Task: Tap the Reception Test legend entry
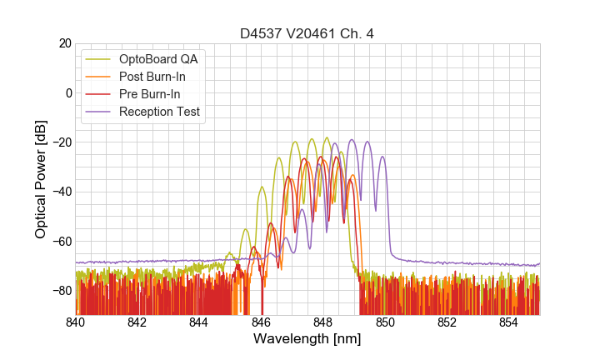pos(171,112)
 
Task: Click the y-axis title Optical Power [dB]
pos(41,178)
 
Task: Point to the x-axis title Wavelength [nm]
pos(307,339)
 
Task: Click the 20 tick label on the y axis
pos(63,43)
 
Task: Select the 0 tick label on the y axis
pos(67,92)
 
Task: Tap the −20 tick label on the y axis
pos(60,142)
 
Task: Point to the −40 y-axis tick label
pos(60,192)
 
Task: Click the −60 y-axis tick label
pos(60,242)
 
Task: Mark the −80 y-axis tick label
pos(60,291)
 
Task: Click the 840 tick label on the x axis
pos(76,322)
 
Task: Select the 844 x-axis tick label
pos(199,322)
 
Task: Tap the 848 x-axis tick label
pos(323,322)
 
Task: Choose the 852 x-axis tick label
pos(447,322)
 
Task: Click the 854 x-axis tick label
pos(508,322)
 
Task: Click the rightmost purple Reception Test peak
pos(382,157)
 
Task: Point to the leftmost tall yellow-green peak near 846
pos(262,187)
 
